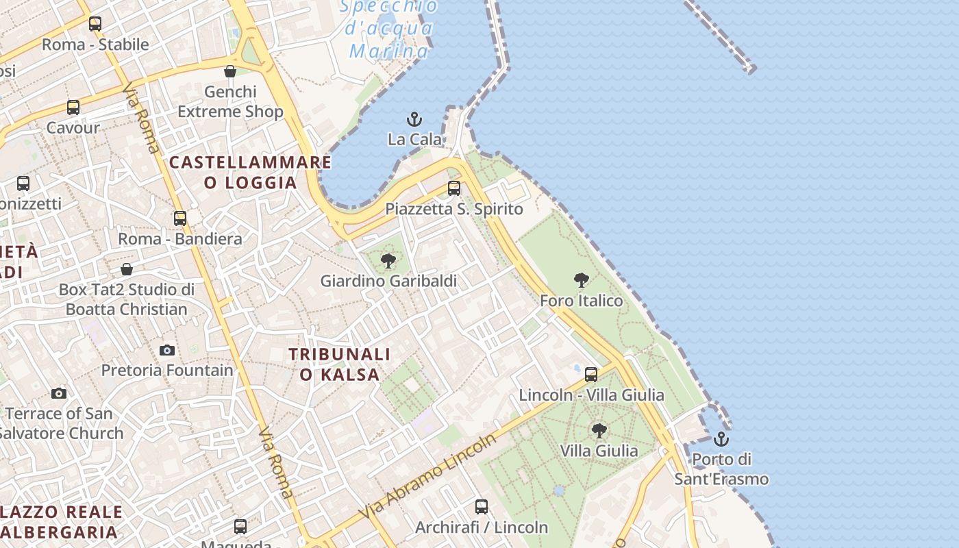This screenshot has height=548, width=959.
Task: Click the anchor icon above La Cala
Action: (x=414, y=120)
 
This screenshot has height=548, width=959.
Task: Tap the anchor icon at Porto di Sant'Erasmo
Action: (x=721, y=439)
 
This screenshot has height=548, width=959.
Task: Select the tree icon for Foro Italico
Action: (x=582, y=280)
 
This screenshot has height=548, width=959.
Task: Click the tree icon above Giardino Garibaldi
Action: (x=388, y=261)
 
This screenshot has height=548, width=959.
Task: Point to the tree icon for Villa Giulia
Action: (x=599, y=431)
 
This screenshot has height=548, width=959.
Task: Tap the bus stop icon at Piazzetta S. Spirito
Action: (x=453, y=188)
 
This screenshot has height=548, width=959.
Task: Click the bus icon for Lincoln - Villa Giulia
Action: (x=591, y=375)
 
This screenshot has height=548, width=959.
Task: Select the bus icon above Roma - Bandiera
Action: (x=180, y=219)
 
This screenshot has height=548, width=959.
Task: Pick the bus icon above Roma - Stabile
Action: (x=95, y=24)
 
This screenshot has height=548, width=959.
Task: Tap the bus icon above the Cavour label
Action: (x=73, y=108)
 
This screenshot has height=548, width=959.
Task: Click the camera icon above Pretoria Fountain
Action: (x=167, y=351)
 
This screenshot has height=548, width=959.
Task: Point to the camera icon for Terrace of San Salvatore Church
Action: (x=59, y=393)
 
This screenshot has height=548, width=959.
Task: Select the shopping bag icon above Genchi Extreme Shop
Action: (x=230, y=71)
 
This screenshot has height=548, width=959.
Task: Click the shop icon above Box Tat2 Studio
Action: (x=127, y=269)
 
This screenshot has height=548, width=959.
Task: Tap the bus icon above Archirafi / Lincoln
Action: (x=482, y=507)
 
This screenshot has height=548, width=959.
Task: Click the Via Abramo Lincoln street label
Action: (x=427, y=475)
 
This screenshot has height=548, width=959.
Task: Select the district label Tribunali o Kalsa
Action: (x=340, y=364)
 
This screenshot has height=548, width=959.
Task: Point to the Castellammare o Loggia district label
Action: (x=250, y=173)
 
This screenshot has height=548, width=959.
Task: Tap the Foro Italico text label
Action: (x=582, y=301)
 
